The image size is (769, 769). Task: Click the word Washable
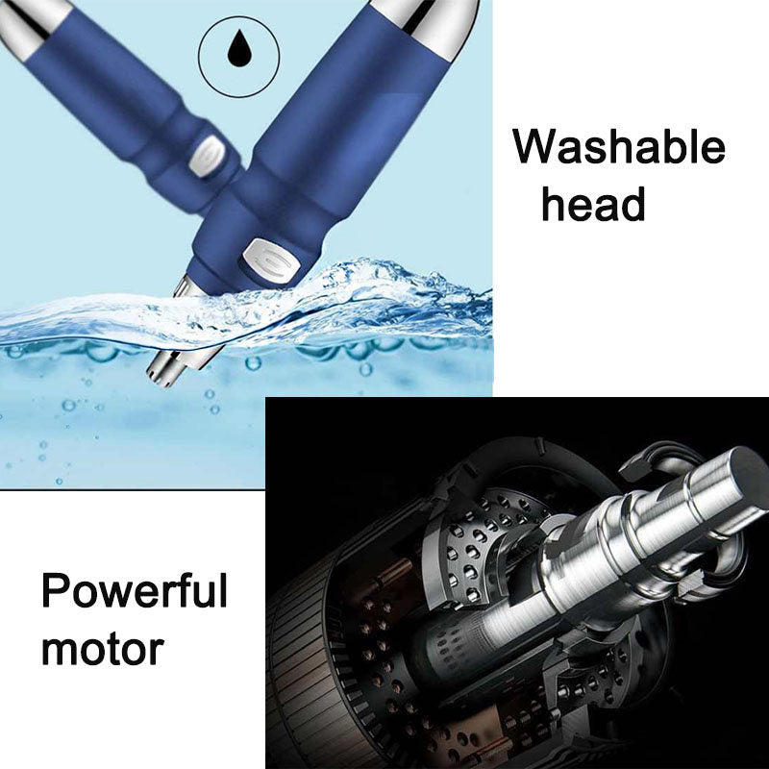click(619, 150)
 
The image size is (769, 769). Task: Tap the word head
click(592, 205)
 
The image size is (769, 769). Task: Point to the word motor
click(102, 648)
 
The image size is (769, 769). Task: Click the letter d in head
click(632, 205)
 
